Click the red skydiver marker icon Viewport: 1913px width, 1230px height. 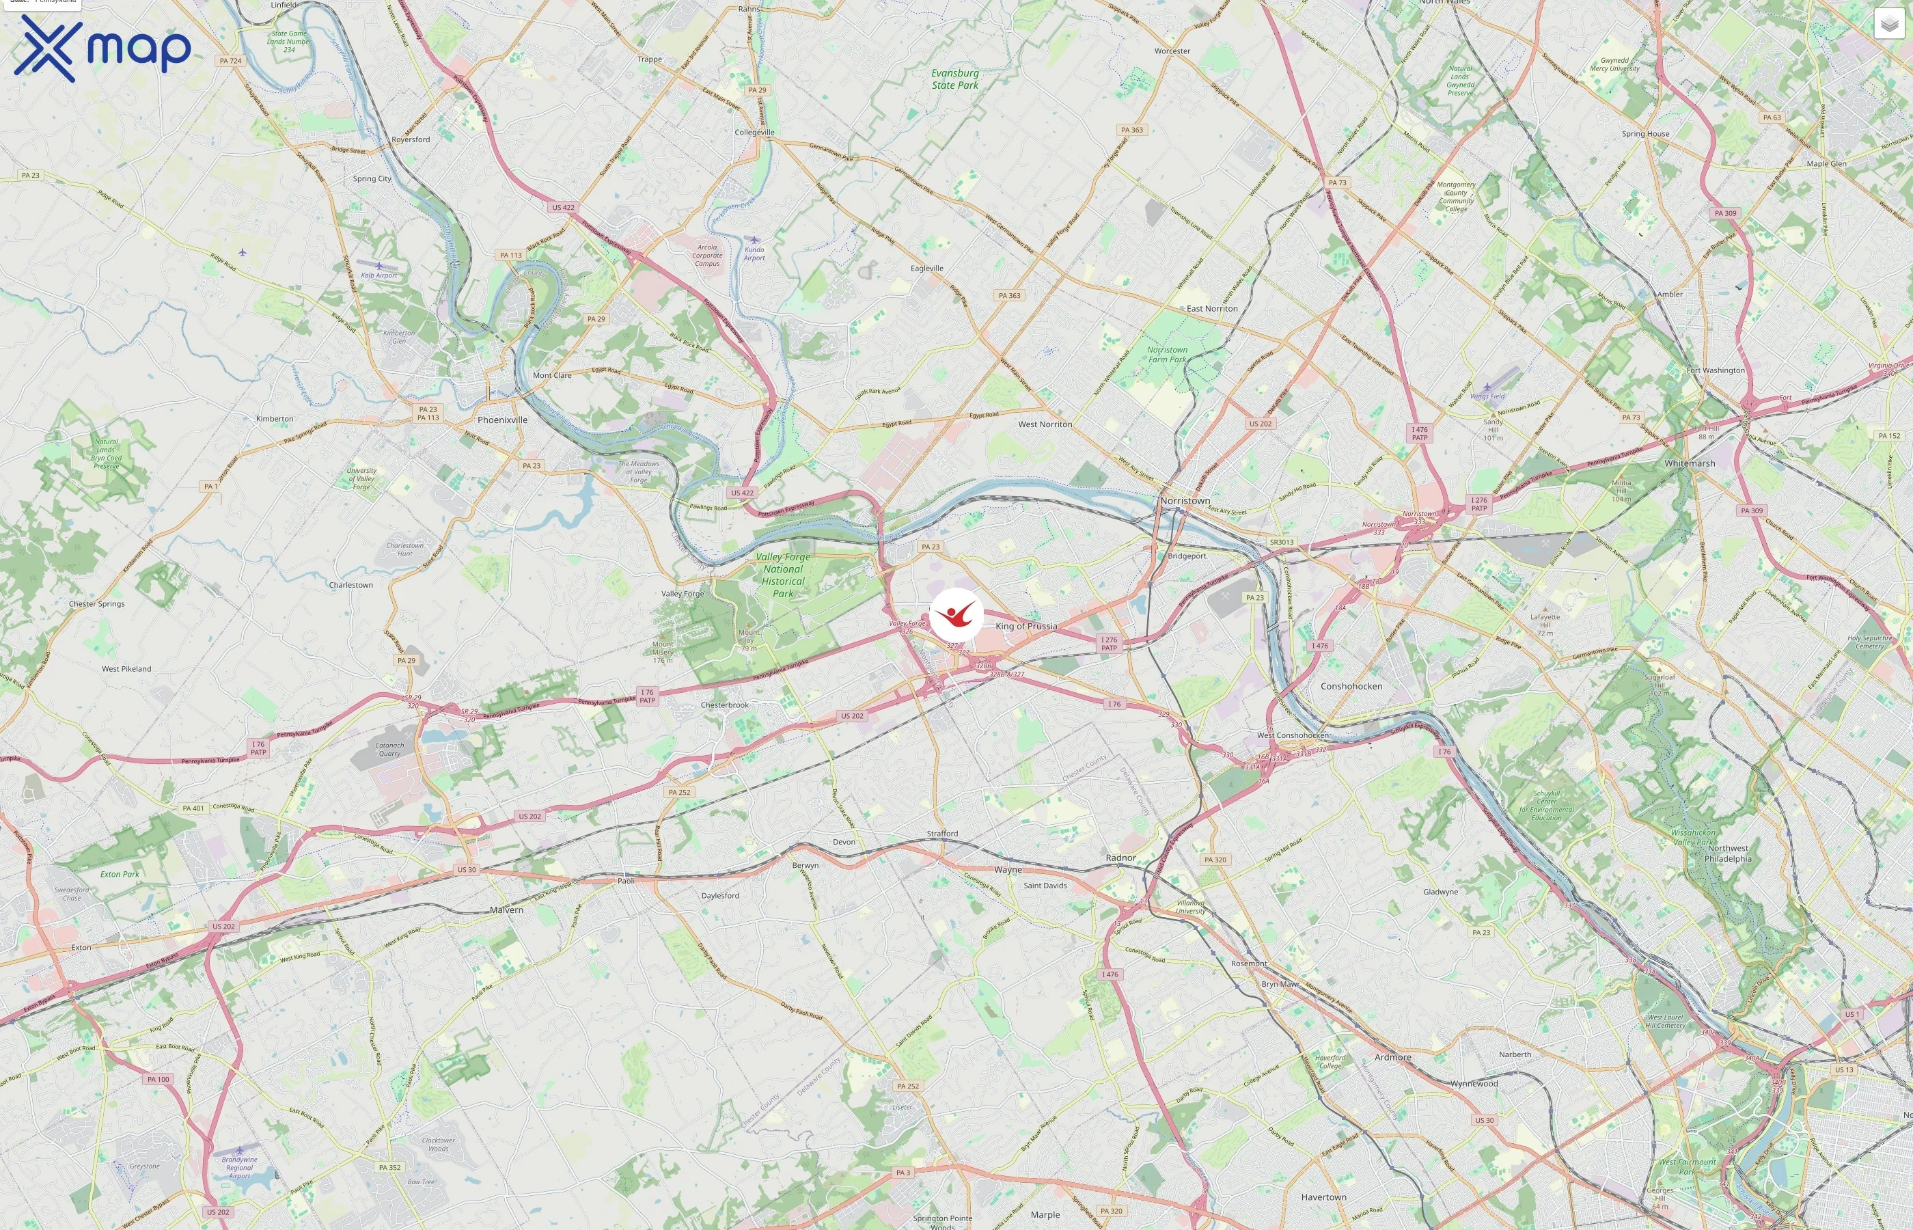(x=956, y=615)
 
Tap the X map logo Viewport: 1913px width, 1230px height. (x=102, y=48)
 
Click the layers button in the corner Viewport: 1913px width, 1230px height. (x=1888, y=24)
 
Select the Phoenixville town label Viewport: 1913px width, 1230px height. (x=502, y=420)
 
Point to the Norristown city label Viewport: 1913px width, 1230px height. (x=1185, y=501)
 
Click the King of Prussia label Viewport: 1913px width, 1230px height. (x=1026, y=626)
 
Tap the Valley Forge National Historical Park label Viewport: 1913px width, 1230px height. (x=782, y=575)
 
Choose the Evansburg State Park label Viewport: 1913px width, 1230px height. (x=955, y=79)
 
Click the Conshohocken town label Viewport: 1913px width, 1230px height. (x=1351, y=686)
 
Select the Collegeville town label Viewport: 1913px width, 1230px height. (x=754, y=133)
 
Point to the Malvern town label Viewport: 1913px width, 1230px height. (x=506, y=910)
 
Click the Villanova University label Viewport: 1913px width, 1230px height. (x=1190, y=907)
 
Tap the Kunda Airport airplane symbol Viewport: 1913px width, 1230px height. (x=754, y=240)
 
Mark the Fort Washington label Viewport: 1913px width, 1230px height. (x=1715, y=370)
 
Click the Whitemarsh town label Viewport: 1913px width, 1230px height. (x=1690, y=463)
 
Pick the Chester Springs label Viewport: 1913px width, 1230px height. (x=96, y=604)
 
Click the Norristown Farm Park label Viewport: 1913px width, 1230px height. (x=1168, y=355)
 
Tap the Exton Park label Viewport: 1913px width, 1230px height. (x=120, y=874)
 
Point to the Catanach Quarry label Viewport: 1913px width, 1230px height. (x=389, y=749)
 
